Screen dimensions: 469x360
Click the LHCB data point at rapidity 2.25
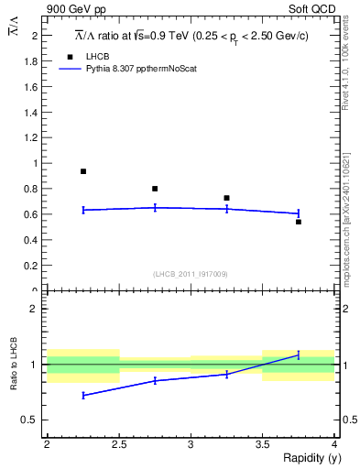pos(83,171)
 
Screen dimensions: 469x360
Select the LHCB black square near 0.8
pos(155,189)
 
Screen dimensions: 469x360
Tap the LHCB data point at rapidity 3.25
pos(226,198)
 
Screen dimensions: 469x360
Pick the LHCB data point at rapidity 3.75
pos(298,222)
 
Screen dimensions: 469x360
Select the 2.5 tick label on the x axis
pos(118,444)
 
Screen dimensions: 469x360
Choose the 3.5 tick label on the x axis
pos(262,444)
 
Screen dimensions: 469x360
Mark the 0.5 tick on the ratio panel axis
pos(33,420)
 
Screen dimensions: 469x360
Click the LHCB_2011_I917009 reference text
pos(190,273)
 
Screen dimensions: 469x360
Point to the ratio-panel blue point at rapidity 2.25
pos(83,395)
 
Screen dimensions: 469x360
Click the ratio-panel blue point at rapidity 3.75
pos(298,354)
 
